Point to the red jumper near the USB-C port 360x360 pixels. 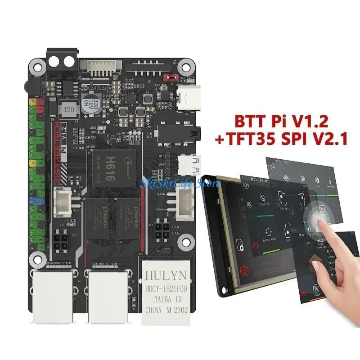tap(170, 77)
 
